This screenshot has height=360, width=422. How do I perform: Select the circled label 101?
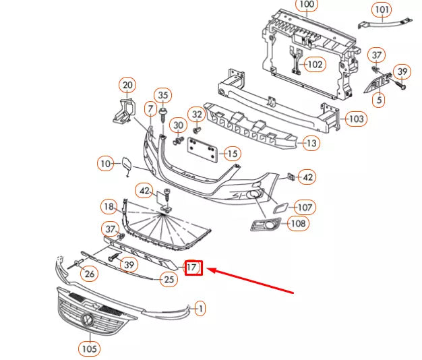click(382, 9)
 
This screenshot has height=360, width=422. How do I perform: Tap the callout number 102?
click(314, 65)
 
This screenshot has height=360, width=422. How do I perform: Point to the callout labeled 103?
click(357, 119)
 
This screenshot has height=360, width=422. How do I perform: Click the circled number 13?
click(311, 143)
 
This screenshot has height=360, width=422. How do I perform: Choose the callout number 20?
click(127, 85)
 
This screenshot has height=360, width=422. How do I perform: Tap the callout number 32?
click(196, 115)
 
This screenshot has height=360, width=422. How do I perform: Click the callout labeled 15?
click(231, 154)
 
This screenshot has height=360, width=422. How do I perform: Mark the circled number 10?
click(104, 163)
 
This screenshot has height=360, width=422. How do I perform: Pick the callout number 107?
click(305, 207)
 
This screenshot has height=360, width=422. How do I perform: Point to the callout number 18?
click(109, 206)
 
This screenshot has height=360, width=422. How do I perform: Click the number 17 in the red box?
click(193, 268)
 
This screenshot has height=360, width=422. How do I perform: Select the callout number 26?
click(90, 273)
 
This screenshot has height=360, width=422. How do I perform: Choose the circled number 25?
click(169, 279)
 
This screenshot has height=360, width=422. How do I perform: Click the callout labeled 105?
click(88, 349)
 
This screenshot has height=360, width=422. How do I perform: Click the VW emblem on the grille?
click(86, 320)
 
